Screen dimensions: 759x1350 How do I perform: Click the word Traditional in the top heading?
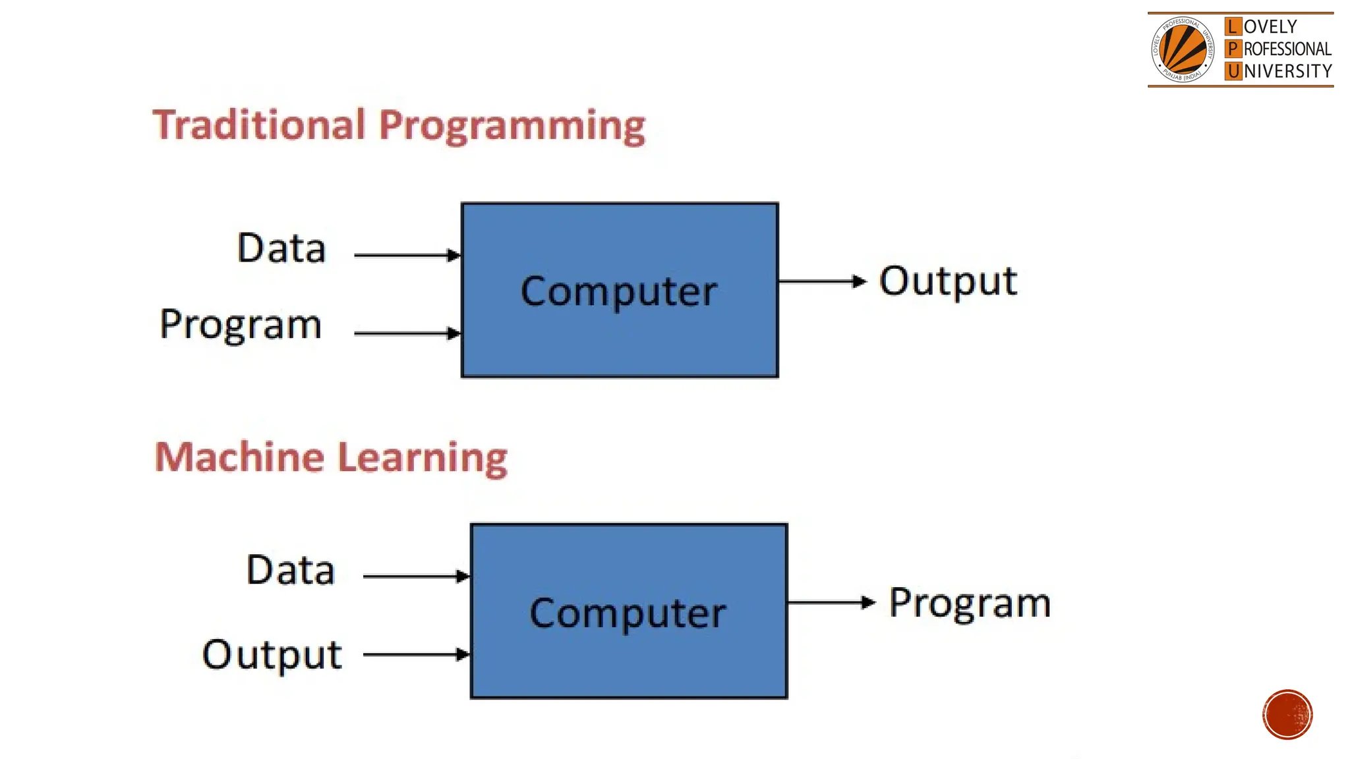click(x=258, y=125)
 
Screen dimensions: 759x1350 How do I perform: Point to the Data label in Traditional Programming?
click(x=281, y=248)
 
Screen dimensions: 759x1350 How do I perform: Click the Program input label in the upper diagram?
click(x=241, y=325)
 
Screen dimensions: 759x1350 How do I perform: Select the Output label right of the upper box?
click(x=948, y=282)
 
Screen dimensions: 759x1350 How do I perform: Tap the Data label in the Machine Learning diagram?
click(x=291, y=570)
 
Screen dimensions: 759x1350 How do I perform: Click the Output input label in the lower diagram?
click(x=272, y=655)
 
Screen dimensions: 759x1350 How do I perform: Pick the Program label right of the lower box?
click(x=970, y=604)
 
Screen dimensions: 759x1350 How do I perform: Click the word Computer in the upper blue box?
click(x=618, y=291)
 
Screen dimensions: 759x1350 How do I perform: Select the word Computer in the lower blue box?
click(x=628, y=613)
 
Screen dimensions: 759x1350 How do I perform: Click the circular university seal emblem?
click(x=1183, y=49)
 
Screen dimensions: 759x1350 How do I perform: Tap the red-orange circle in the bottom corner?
click(x=1287, y=715)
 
